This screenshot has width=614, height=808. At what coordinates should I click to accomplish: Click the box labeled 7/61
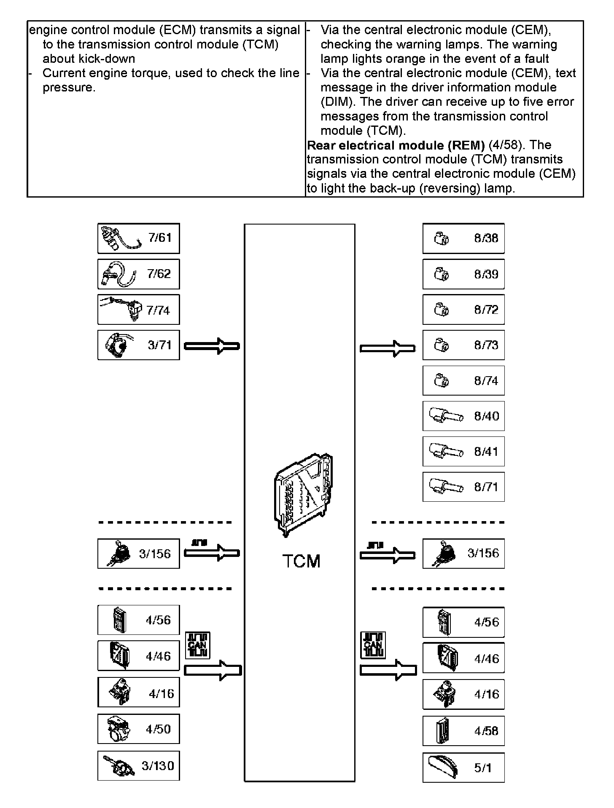coord(138,238)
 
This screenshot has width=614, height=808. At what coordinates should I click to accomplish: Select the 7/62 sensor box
coord(138,274)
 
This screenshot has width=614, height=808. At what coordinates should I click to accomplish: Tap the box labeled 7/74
coord(138,310)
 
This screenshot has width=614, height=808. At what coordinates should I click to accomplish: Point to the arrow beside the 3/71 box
coord(212,346)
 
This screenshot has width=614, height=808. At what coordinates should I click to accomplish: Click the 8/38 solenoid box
coord(463,238)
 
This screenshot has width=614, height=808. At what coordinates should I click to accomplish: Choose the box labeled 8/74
coord(463,381)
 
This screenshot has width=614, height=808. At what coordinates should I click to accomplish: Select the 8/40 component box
coord(463,416)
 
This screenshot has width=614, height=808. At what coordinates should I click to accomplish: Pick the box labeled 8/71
coord(463,487)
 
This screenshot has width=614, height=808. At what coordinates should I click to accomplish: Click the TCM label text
coord(301,561)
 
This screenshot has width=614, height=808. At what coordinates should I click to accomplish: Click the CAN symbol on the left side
coord(197,645)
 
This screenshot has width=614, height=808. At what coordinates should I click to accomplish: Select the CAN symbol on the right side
coord(373,645)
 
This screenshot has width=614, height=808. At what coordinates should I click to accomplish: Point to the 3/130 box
coord(138,765)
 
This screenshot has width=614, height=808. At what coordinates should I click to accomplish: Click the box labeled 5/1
coord(463,768)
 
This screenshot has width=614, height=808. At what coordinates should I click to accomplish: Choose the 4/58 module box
coord(463,731)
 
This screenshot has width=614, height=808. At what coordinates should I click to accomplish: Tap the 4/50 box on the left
coord(138,729)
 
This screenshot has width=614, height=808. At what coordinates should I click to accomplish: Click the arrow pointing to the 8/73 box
coord(388,348)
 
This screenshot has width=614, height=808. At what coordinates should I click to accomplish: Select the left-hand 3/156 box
coord(138,554)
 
